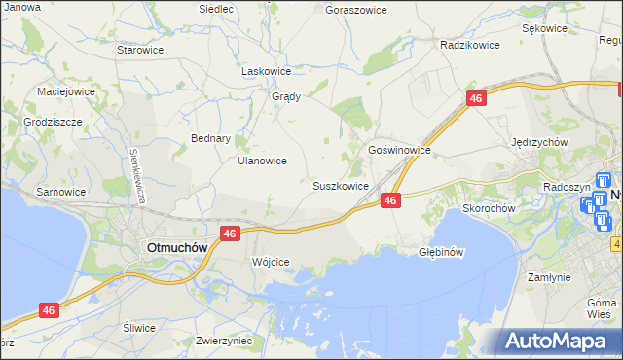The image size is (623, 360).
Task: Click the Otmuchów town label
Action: click(x=176, y=247)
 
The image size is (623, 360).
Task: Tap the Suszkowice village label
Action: click(x=340, y=185)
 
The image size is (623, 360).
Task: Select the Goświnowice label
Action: click(x=399, y=151)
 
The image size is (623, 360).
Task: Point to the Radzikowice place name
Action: click(x=469, y=45)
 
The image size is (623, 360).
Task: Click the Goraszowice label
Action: click(x=355, y=9)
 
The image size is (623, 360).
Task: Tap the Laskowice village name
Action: click(x=267, y=71)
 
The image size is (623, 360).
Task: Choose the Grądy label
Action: click(x=286, y=96)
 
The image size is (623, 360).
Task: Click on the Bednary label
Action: click(x=210, y=138)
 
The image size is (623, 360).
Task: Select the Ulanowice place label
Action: click(x=262, y=161)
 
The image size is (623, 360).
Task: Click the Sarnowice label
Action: click(x=60, y=192)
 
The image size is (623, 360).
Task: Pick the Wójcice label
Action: click(x=271, y=262)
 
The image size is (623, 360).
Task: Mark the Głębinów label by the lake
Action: click(x=439, y=251)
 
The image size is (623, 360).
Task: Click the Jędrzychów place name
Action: click(x=539, y=141)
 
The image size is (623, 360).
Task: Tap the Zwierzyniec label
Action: click(x=224, y=341)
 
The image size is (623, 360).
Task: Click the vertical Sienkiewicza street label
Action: click(x=136, y=175)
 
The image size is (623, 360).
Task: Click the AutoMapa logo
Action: click(x=557, y=342)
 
